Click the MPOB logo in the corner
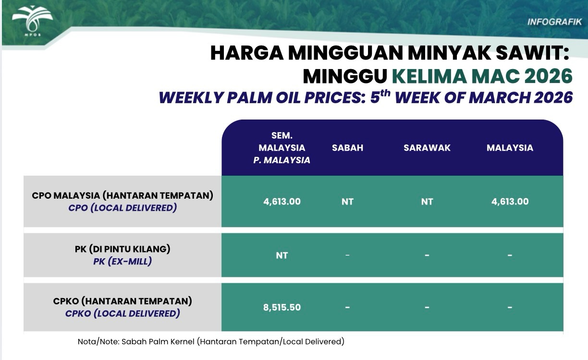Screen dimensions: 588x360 [32, 21]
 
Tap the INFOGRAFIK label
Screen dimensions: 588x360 [555, 22]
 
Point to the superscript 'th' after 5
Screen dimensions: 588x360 [385, 94]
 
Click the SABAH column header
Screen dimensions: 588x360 [347, 148]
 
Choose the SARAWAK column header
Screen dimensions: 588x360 [427, 148]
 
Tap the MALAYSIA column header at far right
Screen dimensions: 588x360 [510, 148]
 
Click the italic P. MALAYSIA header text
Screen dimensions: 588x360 [282, 160]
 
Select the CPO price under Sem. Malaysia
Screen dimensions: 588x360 [282, 202]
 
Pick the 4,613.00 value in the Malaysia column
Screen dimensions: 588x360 [510, 202]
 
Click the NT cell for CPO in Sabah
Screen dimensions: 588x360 [347, 202]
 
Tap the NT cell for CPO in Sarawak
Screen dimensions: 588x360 [427, 202]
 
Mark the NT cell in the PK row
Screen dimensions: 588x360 [282, 255]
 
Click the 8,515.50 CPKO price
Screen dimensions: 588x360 [282, 307]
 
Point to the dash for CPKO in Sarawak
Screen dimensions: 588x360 [427, 307]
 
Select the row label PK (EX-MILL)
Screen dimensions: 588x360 [122, 261]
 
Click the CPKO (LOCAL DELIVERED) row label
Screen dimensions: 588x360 [122, 313]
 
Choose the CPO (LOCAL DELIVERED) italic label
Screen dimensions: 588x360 [122, 208]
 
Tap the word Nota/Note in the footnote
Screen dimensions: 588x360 [98, 342]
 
